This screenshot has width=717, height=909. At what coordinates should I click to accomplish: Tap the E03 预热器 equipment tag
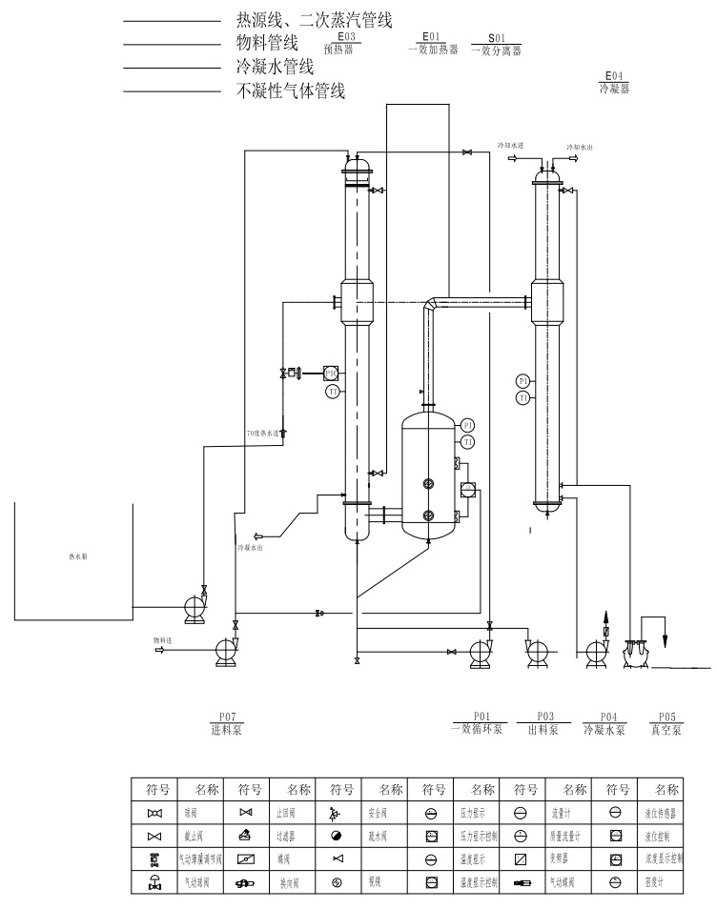pos(346,45)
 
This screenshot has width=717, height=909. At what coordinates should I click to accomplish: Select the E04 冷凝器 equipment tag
pos(614,81)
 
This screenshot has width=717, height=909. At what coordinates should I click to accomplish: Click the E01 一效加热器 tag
pos(431,45)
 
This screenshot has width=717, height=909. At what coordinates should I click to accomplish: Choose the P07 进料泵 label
pos(226,724)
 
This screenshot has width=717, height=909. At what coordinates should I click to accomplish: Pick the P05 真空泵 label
pos(666,724)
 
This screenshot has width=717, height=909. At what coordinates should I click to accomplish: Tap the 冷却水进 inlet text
pos(511,146)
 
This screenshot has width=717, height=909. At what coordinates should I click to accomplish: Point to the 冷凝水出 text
pos(250,547)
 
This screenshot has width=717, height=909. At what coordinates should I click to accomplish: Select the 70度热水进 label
pos(263,434)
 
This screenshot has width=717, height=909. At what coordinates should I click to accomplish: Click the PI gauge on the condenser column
pos(522,381)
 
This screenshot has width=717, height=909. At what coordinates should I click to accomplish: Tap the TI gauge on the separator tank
pos(468,442)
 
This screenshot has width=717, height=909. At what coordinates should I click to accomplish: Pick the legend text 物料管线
pos(267,43)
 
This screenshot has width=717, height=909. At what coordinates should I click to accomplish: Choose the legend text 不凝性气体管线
pos(290,92)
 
